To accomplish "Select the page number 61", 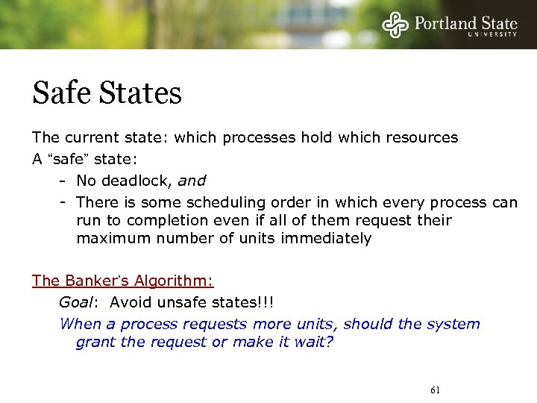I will click(x=436, y=390).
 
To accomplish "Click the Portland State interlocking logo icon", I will click(x=396, y=25).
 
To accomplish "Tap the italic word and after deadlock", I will click(x=192, y=181).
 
